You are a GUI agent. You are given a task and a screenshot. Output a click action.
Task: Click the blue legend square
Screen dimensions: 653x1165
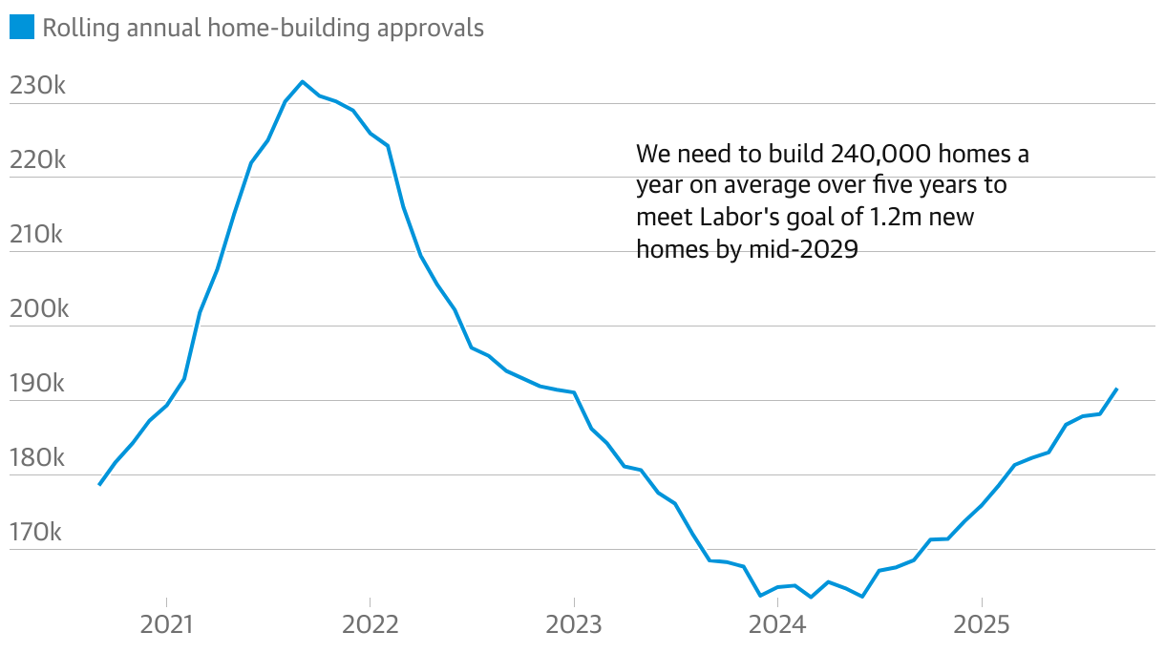pyautogui.click(x=21, y=28)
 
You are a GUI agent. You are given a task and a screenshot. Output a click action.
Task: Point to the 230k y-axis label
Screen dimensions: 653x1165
pyautogui.click(x=37, y=86)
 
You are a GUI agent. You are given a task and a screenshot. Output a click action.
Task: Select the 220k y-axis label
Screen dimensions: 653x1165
pyautogui.click(x=37, y=159)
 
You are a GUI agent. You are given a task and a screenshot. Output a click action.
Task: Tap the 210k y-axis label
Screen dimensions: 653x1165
pyautogui.click(x=36, y=234)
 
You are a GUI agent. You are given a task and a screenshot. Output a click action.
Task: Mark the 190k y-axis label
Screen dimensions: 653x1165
pyautogui.click(x=37, y=383)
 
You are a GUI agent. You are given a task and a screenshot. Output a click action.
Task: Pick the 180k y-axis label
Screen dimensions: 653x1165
pyautogui.click(x=37, y=457)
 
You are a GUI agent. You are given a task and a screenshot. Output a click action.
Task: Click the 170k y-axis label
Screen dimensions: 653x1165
pyautogui.click(x=36, y=532)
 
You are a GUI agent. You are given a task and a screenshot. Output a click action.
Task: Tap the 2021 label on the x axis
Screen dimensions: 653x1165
pyautogui.click(x=167, y=625)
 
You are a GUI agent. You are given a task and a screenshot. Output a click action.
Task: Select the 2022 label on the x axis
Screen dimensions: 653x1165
pyautogui.click(x=371, y=625)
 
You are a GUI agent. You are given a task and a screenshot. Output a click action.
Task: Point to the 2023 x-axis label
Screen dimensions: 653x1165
pyautogui.click(x=574, y=625)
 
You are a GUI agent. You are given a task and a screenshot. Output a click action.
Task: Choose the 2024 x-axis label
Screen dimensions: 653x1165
pyautogui.click(x=777, y=625)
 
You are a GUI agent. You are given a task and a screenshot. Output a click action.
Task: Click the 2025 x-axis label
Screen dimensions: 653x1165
pyautogui.click(x=982, y=625)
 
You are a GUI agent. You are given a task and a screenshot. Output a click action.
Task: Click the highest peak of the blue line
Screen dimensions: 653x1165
pyautogui.click(x=303, y=82)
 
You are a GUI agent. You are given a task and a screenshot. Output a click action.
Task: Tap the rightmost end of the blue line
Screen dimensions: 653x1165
pyautogui.click(x=1116, y=389)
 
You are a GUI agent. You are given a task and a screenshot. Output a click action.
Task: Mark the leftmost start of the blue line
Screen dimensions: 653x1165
pyautogui.click(x=99, y=485)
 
